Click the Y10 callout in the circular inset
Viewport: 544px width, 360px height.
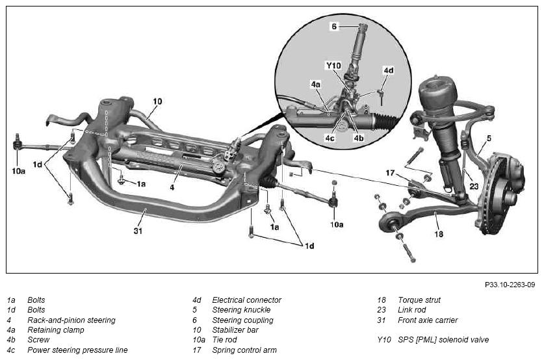pos(333,66)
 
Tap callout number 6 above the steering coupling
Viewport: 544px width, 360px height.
pos(334,27)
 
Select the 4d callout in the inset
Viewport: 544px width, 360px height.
pos(389,70)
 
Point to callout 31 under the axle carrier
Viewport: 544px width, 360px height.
pos(138,231)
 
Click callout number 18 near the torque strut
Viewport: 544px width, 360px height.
pos(439,234)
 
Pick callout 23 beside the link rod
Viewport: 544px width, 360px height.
pos(474,186)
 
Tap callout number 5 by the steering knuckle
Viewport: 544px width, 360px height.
pos(489,138)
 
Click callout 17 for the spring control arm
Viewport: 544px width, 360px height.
pos(391,173)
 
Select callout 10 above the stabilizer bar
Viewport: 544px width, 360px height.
pos(157,101)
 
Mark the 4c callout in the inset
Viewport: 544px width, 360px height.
pos(330,138)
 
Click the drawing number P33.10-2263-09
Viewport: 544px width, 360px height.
pos(510,285)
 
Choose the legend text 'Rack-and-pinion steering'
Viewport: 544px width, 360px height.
pos(71,320)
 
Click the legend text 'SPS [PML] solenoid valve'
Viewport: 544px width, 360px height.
pos(443,340)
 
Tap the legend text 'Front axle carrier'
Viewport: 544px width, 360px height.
pos(428,320)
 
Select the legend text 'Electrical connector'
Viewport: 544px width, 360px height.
pos(247,300)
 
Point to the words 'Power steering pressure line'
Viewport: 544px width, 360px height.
pos(77,350)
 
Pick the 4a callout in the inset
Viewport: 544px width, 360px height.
pos(316,84)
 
